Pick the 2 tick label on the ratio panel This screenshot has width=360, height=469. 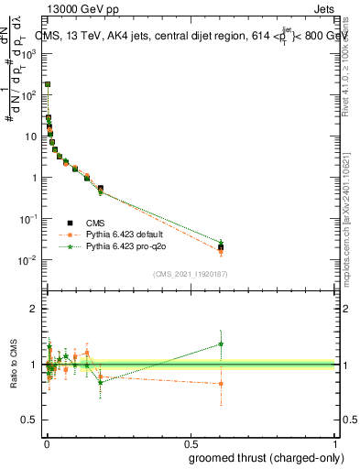[x=34, y=310]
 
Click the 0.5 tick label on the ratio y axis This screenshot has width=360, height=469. [x=31, y=420]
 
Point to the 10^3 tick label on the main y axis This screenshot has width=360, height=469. [x=29, y=54]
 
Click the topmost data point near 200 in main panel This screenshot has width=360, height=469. [x=48, y=84]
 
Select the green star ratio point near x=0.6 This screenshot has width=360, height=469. [x=221, y=344]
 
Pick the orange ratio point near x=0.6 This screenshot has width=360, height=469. [x=221, y=384]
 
